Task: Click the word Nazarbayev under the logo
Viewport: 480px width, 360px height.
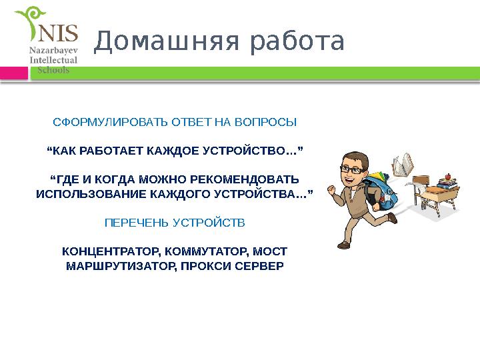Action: coord(53,50)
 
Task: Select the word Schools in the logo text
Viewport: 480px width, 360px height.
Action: coord(53,69)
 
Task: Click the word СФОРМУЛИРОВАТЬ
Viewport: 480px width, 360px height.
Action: coord(111,123)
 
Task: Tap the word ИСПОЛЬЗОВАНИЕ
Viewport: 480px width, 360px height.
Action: coord(81,194)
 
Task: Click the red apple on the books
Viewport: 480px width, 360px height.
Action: coord(448,177)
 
